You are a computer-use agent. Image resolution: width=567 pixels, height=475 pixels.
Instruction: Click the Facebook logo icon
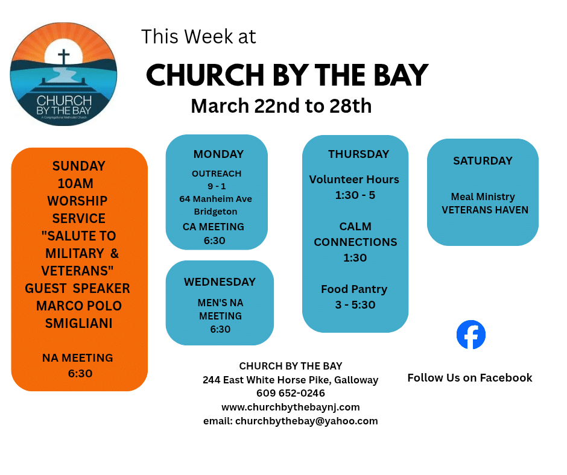pos(471,335)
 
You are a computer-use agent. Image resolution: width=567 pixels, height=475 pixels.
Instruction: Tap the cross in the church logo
pos(64,57)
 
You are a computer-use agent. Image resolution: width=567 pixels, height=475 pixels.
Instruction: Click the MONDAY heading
pos(218,154)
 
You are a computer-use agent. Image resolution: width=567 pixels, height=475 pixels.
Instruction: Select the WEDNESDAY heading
pos(220,282)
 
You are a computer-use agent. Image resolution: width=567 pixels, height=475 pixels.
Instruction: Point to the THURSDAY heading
pos(359,154)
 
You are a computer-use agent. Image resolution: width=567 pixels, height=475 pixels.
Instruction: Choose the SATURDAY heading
pos(483,160)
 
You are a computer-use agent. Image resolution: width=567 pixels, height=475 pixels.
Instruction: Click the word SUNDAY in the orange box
pos(79,166)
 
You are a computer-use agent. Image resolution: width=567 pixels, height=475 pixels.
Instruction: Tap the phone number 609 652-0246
pos(291,393)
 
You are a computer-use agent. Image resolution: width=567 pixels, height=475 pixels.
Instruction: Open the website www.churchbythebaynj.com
pos(291,407)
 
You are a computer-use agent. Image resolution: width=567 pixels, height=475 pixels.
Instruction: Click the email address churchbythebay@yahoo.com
pos(306,421)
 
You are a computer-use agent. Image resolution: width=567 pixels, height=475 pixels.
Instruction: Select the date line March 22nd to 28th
pos(281,106)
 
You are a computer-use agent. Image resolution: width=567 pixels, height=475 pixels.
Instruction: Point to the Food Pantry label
pos(354,289)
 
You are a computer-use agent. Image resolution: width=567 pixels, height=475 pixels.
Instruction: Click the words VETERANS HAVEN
pos(485,210)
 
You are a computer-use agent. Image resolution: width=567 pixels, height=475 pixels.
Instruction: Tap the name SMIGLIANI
pos(79,323)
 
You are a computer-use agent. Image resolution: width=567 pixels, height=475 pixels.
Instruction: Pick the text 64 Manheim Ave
pos(215,199)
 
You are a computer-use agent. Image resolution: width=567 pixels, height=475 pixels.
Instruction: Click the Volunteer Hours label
pos(354,179)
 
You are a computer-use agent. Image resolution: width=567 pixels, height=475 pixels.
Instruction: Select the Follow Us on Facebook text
pos(470,378)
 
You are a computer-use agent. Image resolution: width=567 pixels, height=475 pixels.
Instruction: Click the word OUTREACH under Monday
pos(217,174)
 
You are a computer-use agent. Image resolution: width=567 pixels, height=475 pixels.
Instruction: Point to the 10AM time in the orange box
pos(75,183)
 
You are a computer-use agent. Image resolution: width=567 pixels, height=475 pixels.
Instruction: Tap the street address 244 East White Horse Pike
pos(267,380)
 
